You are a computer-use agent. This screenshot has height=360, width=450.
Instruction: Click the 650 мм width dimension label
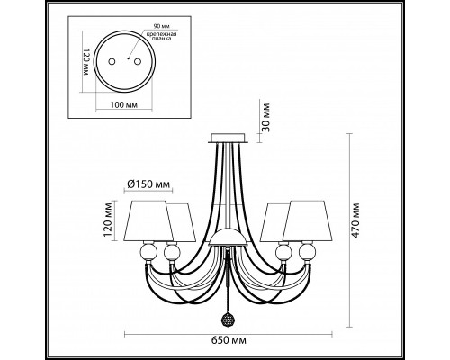(x=229, y=340)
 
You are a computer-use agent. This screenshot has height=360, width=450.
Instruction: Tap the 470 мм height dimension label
(x=355, y=220)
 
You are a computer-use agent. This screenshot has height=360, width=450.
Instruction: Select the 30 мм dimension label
(x=265, y=118)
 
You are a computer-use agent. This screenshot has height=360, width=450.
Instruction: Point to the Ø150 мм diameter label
(x=148, y=184)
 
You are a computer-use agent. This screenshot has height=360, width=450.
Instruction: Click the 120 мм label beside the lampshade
(x=108, y=220)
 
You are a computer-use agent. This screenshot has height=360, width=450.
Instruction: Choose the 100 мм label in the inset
(x=124, y=105)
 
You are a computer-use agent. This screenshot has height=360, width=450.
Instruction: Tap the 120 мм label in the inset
(x=86, y=62)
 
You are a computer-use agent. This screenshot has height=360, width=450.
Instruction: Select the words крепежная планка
(x=161, y=36)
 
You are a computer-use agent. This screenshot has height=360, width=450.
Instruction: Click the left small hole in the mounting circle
(x=112, y=61)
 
